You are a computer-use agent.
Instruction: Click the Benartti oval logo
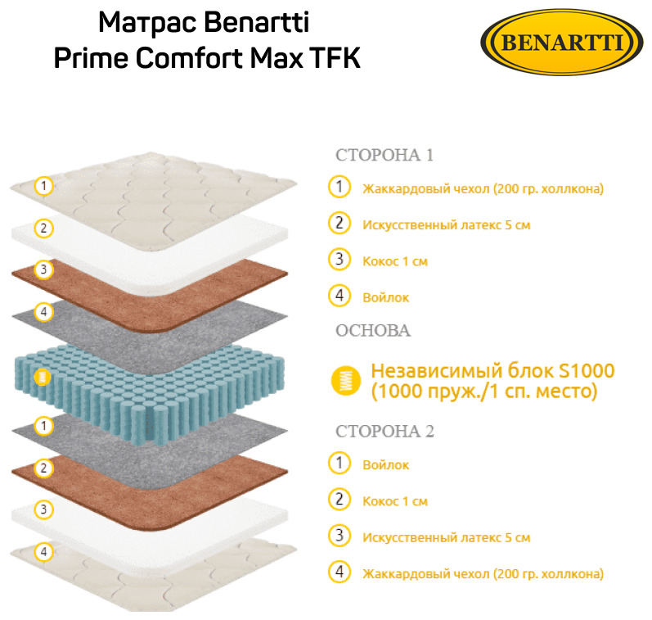561,42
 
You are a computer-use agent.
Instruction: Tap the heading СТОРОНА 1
384,155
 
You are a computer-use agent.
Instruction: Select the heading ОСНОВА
373,330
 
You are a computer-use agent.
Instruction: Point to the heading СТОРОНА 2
384,431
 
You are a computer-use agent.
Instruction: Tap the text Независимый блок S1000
492,371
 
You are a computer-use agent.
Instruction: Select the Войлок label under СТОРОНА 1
385,297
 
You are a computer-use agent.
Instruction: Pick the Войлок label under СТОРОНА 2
385,464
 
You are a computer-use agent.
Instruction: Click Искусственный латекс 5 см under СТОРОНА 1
446,224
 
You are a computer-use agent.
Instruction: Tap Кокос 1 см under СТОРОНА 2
395,501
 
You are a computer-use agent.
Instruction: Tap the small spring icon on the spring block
43,378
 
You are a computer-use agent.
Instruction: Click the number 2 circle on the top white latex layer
44,229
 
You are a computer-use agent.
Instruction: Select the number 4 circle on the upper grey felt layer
44,312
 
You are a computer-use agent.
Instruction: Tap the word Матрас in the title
143,22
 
